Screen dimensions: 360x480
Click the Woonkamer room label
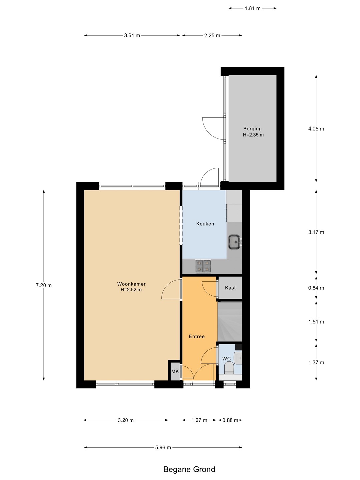click(x=131, y=284)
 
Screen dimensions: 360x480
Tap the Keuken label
click(x=205, y=224)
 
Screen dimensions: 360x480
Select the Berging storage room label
click(x=252, y=129)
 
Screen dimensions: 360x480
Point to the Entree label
click(x=197, y=336)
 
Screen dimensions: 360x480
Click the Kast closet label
click(x=230, y=288)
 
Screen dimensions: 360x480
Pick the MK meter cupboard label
click(x=175, y=371)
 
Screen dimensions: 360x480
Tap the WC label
click(x=226, y=359)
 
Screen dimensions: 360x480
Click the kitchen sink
click(x=235, y=242)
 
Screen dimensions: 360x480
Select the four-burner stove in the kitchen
click(x=203, y=266)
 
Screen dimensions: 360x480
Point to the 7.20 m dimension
click(x=44, y=285)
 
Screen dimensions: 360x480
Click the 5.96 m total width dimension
click(x=163, y=447)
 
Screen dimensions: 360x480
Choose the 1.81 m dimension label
click(x=252, y=8)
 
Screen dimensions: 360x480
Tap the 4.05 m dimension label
click(x=316, y=129)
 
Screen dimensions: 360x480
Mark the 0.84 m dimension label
click(x=316, y=288)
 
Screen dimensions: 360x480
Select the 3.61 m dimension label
click(x=132, y=35)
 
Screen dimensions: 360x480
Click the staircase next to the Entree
click(x=230, y=321)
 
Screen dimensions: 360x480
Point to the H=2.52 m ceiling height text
click(x=131, y=290)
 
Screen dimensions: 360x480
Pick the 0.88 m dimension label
click(x=230, y=420)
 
